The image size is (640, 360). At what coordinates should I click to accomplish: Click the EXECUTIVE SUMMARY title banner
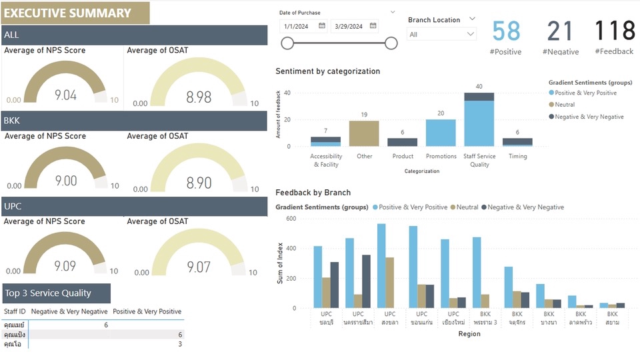[75, 13]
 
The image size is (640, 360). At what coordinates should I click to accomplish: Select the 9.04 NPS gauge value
[65, 95]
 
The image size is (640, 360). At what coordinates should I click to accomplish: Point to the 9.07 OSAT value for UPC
[199, 267]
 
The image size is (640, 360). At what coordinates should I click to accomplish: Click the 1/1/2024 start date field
[299, 26]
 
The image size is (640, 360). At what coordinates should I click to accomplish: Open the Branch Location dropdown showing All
[443, 34]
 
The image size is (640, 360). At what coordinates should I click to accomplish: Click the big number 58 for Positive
[507, 31]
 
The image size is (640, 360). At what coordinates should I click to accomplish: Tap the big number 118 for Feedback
[615, 31]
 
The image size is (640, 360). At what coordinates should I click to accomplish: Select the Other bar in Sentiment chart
[364, 133]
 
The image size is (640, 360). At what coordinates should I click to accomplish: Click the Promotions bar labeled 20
[441, 133]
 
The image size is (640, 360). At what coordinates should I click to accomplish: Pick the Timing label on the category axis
[517, 156]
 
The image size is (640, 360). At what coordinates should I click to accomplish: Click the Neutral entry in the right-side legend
[565, 105]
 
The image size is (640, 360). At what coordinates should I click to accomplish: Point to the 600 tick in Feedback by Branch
[291, 219]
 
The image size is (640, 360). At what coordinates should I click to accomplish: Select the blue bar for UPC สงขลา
[381, 266]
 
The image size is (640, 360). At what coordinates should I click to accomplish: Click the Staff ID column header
[15, 311]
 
